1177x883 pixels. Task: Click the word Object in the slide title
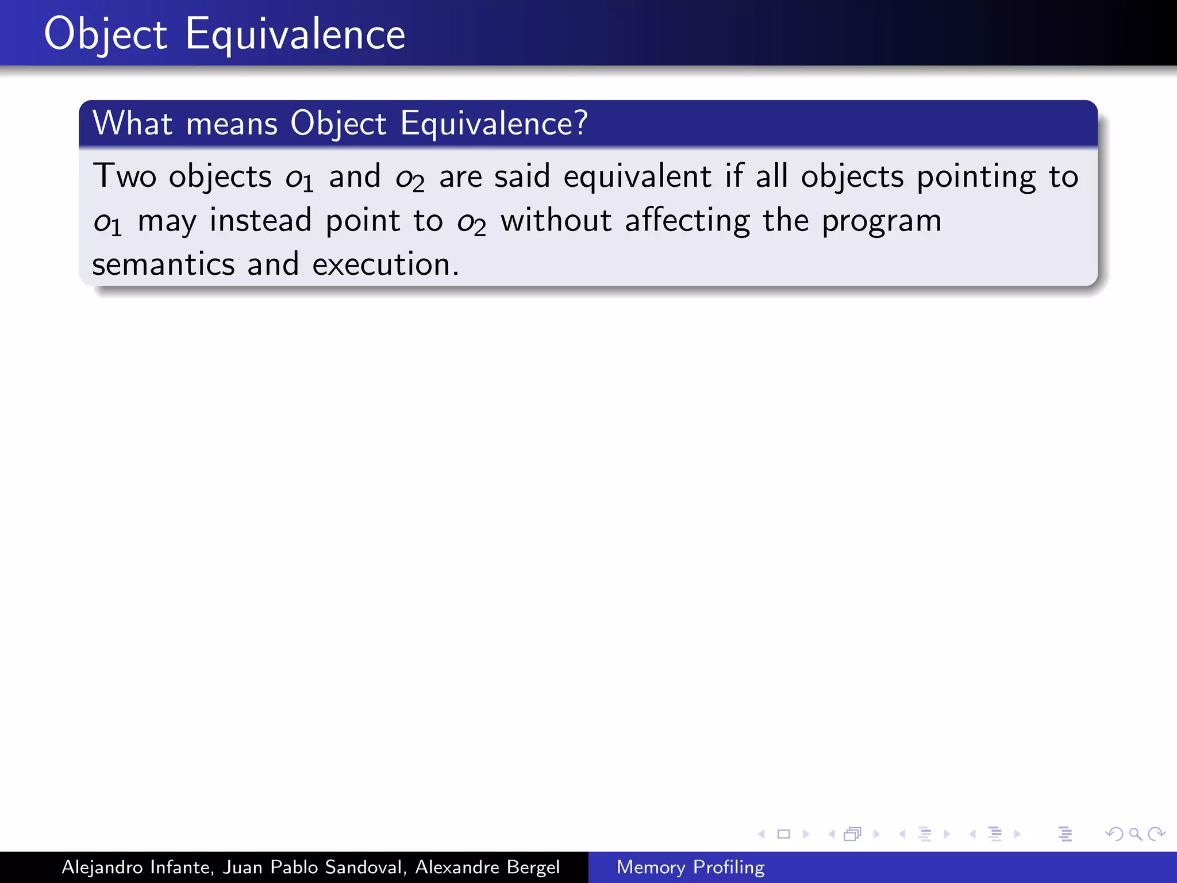pyautogui.click(x=106, y=34)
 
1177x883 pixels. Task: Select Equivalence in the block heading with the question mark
pyautogui.click(x=494, y=124)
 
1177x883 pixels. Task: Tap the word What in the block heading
pyautogui.click(x=133, y=123)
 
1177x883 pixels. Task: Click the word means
pyautogui.click(x=232, y=124)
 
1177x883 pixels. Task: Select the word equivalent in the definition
pyautogui.click(x=637, y=177)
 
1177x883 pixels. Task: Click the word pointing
pyautogui.click(x=976, y=177)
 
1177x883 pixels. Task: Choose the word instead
pyautogui.click(x=260, y=221)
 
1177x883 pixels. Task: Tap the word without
pyautogui.click(x=556, y=221)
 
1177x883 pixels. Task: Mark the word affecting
pyautogui.click(x=687, y=221)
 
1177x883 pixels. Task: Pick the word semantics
pyautogui.click(x=163, y=264)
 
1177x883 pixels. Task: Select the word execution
pyautogui.click(x=385, y=264)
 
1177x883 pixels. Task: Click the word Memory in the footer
pyautogui.click(x=651, y=867)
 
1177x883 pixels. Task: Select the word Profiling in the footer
pyautogui.click(x=729, y=867)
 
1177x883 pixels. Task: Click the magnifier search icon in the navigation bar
pyautogui.click(x=1135, y=834)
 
